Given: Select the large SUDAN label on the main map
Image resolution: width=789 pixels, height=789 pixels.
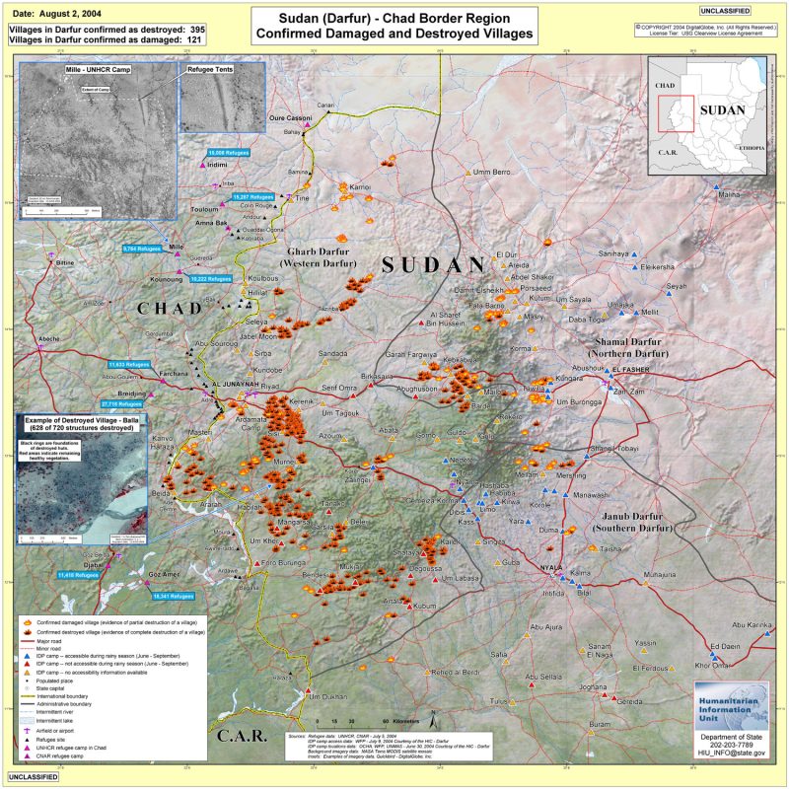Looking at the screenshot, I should coord(434,264).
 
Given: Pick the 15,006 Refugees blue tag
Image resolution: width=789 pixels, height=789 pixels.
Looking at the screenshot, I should coord(228,154).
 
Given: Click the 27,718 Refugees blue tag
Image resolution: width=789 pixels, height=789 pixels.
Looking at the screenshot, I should coord(123,404).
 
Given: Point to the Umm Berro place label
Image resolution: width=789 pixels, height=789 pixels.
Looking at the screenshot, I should coord(492,173).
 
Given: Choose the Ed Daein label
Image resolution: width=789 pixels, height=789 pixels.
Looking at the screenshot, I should coord(725,647).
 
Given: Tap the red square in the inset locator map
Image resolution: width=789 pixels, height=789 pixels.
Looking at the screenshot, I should coord(676,113).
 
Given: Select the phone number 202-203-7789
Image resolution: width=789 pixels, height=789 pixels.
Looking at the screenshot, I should coord(731,746).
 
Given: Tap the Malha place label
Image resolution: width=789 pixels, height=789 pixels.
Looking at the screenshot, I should coord(729,195).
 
